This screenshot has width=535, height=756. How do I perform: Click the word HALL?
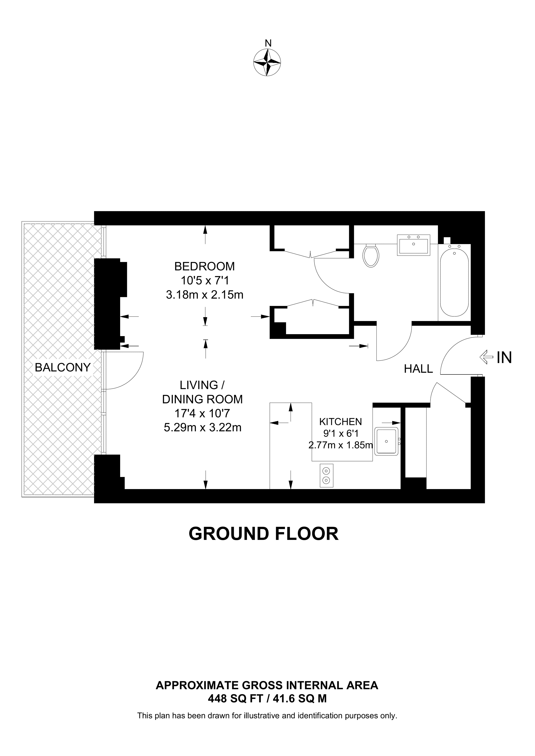(x=418, y=369)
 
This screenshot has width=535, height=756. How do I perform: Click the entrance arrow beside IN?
(x=486, y=357)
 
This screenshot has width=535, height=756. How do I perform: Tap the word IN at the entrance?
(x=504, y=357)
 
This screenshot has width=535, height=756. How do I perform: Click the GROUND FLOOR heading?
(x=263, y=534)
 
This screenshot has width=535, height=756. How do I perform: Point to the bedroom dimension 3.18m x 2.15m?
(x=204, y=295)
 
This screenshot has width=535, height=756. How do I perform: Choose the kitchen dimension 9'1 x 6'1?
(x=340, y=434)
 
